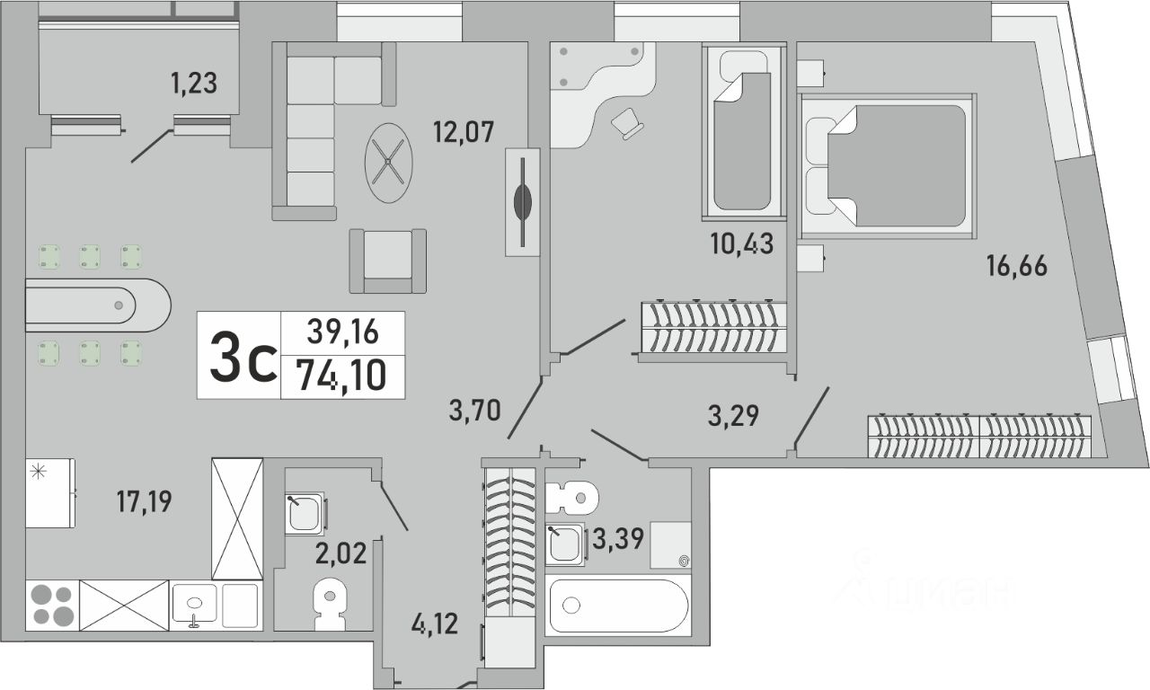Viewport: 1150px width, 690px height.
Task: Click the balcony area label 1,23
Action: (194, 84)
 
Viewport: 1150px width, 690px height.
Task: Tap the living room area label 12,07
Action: (464, 132)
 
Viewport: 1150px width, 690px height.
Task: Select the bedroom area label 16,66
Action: (1016, 266)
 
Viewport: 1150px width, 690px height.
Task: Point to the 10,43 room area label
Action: (742, 243)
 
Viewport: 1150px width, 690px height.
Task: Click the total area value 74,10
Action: (342, 376)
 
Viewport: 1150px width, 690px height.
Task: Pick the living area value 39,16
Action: (342, 332)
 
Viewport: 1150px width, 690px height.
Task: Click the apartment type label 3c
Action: (243, 356)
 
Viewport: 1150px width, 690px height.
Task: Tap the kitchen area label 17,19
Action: (145, 501)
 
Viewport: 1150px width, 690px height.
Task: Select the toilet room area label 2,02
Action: (341, 554)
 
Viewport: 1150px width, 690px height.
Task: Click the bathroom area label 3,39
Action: (618, 539)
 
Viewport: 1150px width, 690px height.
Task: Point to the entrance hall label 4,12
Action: (434, 624)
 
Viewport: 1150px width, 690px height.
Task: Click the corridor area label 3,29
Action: (733, 416)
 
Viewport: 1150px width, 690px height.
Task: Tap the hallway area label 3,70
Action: (475, 411)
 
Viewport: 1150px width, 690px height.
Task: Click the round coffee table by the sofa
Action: (389, 163)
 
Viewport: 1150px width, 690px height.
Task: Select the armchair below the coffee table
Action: (388, 261)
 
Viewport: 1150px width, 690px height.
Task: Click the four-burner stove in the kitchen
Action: (52, 606)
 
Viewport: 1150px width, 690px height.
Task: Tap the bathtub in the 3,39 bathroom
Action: (618, 606)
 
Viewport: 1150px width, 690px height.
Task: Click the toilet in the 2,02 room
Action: (330, 605)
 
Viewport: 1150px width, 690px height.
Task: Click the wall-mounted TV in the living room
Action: (523, 202)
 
